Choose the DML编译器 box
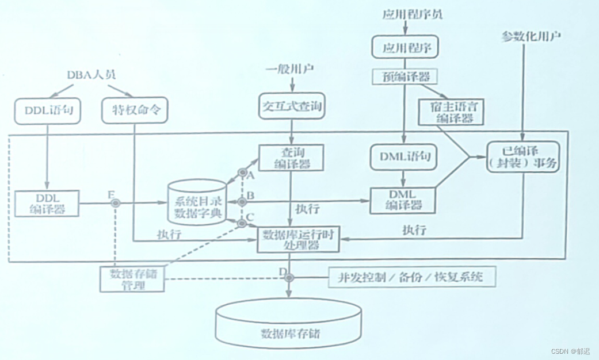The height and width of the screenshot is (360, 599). [402, 201]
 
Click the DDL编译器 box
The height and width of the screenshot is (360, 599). [47, 203]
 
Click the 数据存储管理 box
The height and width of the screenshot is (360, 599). [131, 278]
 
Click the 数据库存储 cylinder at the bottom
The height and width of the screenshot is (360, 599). [289, 324]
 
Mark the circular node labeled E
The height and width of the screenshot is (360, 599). [115, 203]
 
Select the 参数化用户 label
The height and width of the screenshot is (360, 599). [531, 37]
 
